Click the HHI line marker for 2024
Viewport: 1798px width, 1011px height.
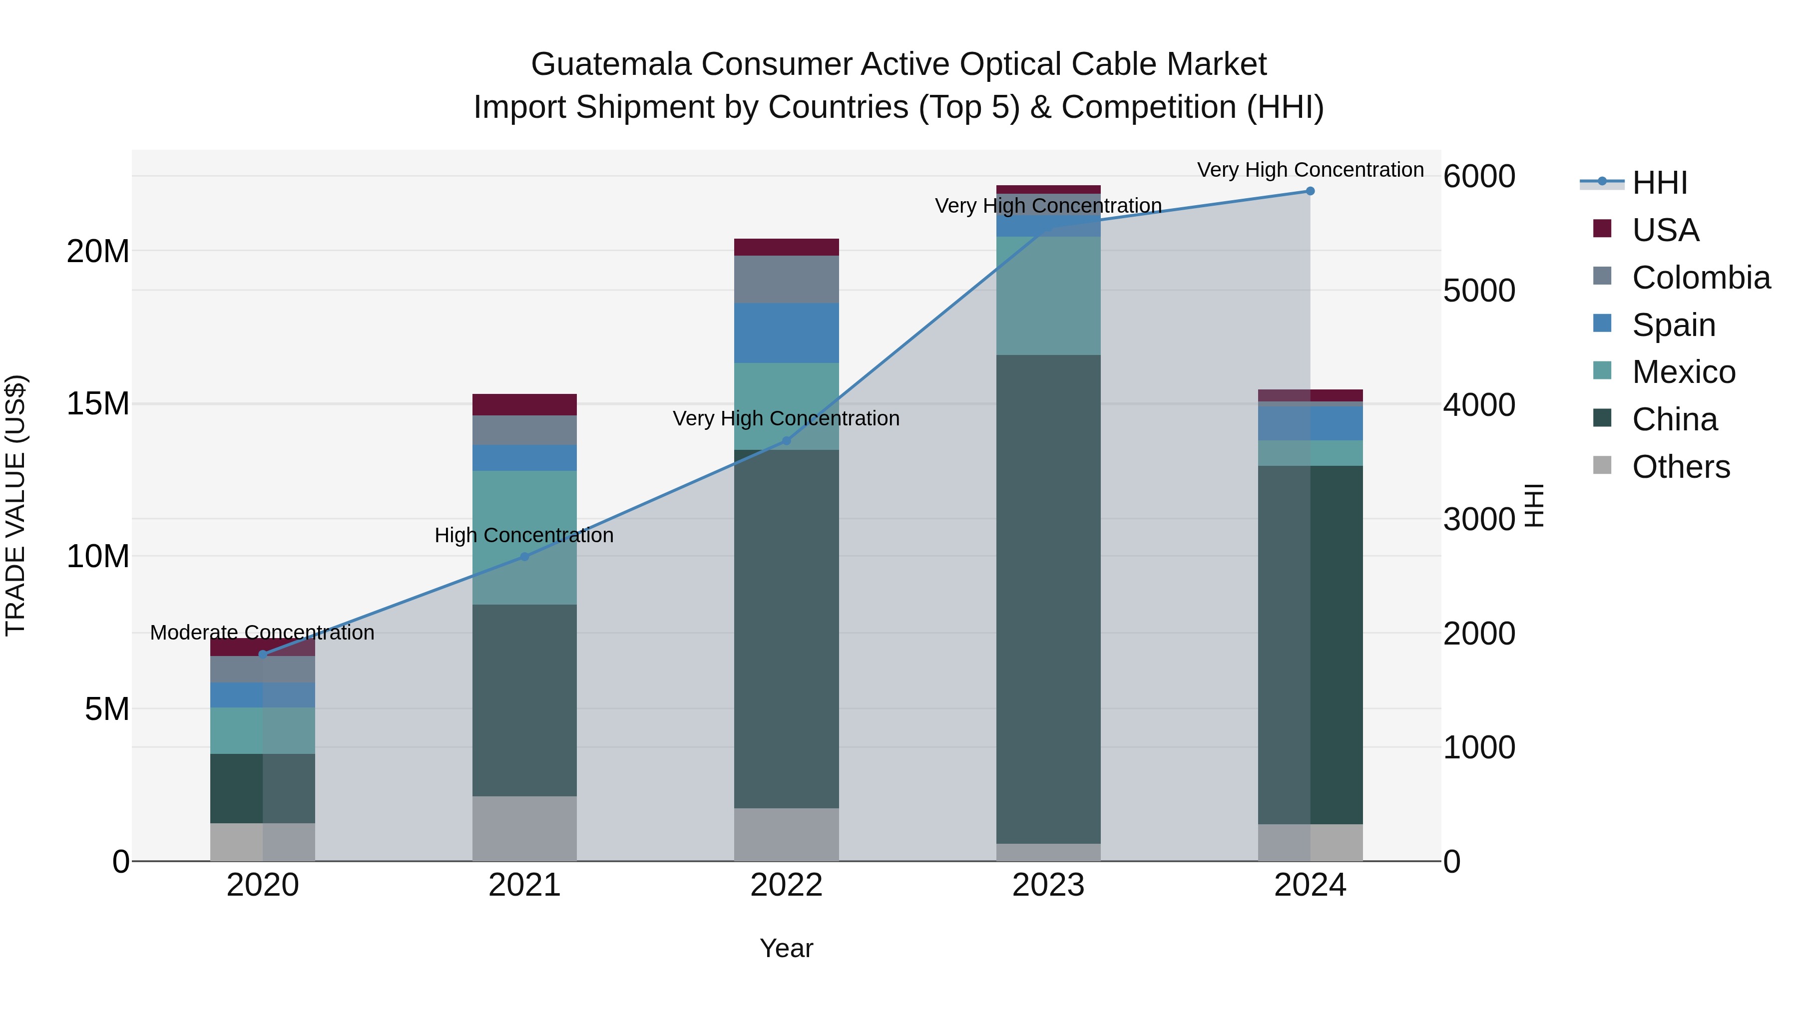pyautogui.click(x=1310, y=191)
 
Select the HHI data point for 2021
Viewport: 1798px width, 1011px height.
pyautogui.click(x=525, y=557)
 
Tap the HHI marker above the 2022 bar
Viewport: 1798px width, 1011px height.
pyautogui.click(x=786, y=441)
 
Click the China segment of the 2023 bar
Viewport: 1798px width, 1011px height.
pyautogui.click(x=1048, y=600)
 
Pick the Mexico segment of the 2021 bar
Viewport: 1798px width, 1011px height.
pyautogui.click(x=524, y=537)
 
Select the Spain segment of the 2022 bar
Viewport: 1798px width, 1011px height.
pyautogui.click(x=786, y=334)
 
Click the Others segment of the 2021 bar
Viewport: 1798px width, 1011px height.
pyautogui.click(x=524, y=828)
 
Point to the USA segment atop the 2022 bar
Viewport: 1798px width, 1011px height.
pyautogui.click(x=786, y=247)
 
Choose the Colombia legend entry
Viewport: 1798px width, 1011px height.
pyautogui.click(x=1682, y=278)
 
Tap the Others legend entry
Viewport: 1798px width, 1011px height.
pyautogui.click(x=1661, y=467)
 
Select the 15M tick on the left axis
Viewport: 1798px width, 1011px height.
pyautogui.click(x=98, y=404)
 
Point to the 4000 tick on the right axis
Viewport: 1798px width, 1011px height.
pyautogui.click(x=1478, y=405)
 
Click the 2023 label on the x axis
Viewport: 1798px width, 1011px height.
pyautogui.click(x=1048, y=885)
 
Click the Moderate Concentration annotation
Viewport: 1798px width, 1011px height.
pyautogui.click(x=262, y=633)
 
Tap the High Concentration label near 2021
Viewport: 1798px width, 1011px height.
pyautogui.click(x=524, y=535)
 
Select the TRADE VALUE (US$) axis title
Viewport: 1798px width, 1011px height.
pyautogui.click(x=15, y=505)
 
